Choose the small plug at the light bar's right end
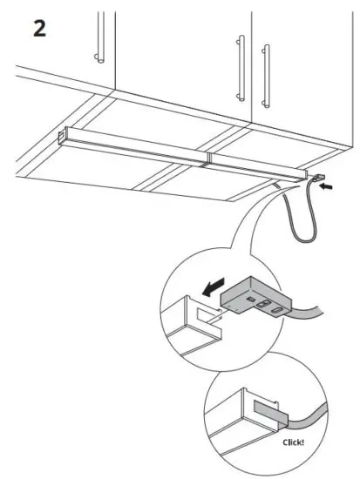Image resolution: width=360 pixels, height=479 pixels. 317,182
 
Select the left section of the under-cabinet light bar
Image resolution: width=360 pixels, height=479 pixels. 135,145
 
